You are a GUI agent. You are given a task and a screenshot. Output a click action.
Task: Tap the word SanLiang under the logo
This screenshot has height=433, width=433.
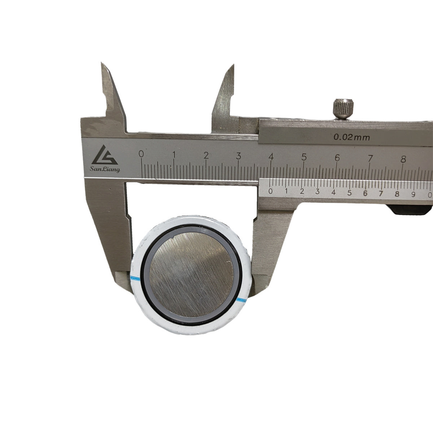pos(105,169)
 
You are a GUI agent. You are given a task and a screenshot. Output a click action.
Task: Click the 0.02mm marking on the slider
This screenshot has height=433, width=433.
pos(351,137)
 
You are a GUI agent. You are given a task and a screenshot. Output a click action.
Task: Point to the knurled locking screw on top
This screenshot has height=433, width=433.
pos(344,109)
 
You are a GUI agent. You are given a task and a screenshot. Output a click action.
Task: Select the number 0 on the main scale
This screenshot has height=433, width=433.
pos(141,154)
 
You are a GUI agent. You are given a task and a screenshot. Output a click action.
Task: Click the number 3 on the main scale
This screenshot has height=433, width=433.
pos(239,156)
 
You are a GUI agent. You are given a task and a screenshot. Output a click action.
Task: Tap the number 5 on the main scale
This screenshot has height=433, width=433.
pos(304,157)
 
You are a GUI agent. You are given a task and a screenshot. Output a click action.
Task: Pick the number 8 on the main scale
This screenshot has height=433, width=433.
pos(403,159)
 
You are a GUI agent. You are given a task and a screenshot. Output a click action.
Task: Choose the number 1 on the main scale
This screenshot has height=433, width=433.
pos(174,154)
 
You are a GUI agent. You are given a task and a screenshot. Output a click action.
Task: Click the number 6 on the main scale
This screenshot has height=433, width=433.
pos(337,158)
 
